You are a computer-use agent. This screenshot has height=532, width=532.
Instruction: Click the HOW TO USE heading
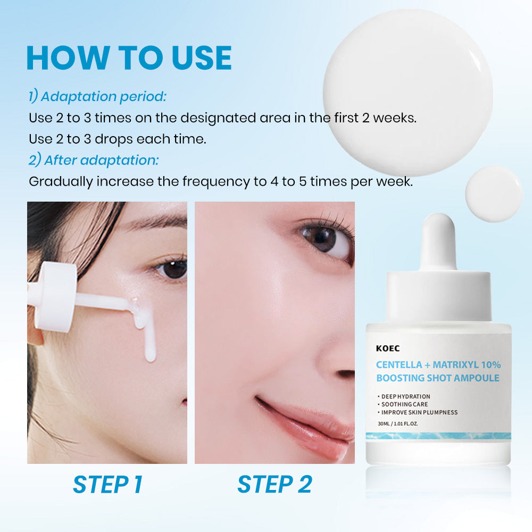[129, 58]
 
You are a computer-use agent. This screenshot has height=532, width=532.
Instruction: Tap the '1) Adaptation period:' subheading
[97, 97]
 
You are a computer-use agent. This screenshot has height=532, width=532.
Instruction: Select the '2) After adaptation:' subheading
[94, 160]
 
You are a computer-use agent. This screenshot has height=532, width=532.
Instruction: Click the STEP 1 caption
[107, 485]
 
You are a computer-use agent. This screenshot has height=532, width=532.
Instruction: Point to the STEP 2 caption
[275, 485]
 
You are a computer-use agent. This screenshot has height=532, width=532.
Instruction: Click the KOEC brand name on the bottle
[387, 349]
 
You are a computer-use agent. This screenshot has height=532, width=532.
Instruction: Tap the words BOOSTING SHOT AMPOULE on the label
[438, 378]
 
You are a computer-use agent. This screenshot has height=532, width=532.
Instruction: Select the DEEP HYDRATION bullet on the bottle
[405, 396]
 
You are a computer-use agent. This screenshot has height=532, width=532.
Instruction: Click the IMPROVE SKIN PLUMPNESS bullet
[419, 412]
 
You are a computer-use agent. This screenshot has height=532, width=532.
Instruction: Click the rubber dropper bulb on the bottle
[439, 242]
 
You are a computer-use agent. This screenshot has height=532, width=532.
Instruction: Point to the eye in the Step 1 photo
[171, 269]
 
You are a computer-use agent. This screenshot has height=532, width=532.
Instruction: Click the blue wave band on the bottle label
[438, 436]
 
